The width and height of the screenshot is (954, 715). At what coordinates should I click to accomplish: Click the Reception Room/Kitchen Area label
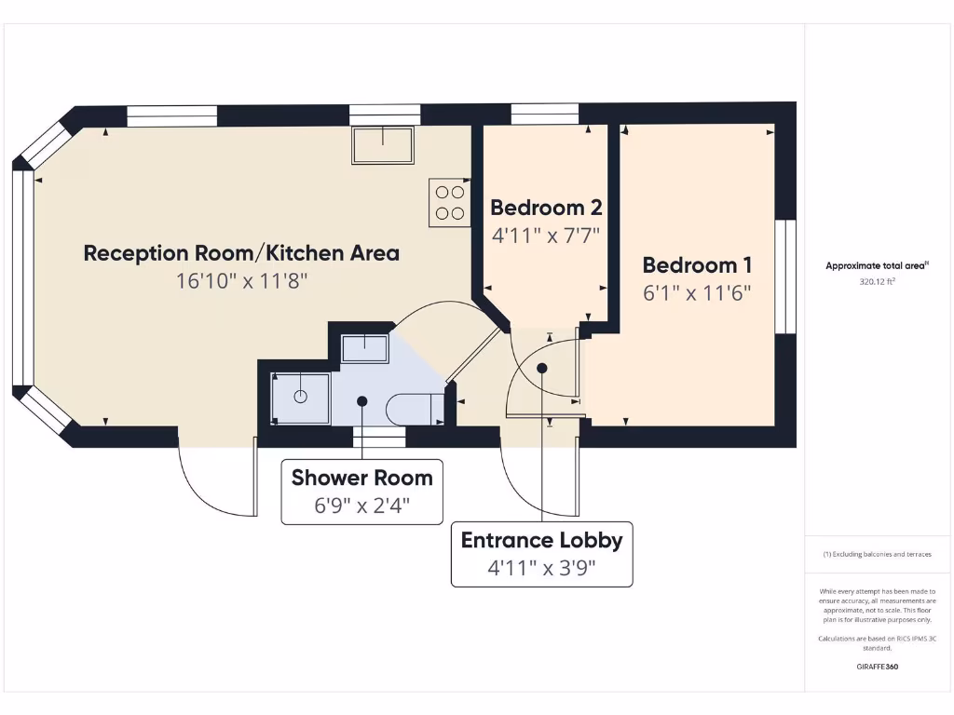click(241, 252)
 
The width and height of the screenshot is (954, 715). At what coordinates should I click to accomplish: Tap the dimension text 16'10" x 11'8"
click(241, 280)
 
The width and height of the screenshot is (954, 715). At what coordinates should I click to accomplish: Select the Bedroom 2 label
click(546, 207)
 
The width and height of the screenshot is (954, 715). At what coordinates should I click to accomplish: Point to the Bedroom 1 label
click(697, 264)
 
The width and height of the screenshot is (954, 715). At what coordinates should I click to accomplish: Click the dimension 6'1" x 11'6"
click(697, 292)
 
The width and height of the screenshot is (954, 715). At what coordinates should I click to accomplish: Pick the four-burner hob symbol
click(449, 202)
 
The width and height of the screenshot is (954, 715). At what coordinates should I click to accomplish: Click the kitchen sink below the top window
click(383, 145)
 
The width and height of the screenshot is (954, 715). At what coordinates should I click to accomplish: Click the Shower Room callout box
click(362, 491)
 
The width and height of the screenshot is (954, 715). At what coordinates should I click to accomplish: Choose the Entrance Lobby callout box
click(541, 554)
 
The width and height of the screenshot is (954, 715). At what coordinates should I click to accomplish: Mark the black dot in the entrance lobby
click(542, 367)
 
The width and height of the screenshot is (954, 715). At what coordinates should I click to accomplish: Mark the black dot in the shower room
click(362, 400)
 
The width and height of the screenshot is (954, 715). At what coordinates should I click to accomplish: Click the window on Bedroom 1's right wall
click(786, 276)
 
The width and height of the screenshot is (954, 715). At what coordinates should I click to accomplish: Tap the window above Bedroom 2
click(545, 114)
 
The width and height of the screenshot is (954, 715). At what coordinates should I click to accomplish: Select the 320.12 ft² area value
click(877, 280)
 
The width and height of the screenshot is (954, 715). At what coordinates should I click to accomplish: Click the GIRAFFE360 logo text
click(877, 667)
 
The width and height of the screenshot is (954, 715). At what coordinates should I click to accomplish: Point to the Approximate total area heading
click(877, 265)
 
